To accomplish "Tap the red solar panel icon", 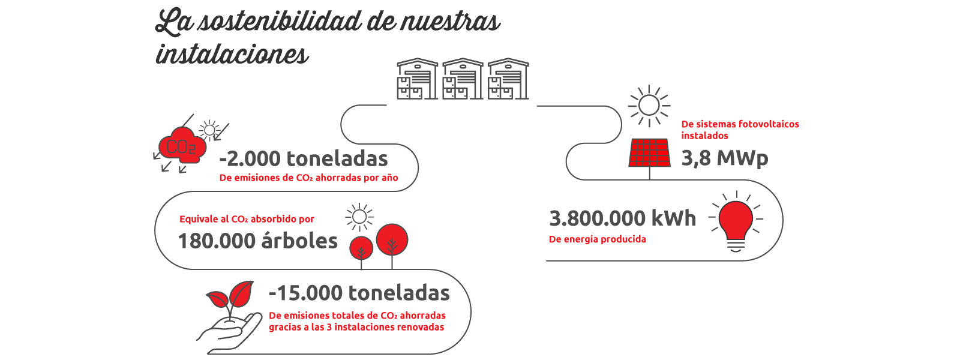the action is (649, 152).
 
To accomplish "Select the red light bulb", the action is (736, 222).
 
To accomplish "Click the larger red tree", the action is (392, 239).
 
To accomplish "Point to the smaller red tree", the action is (361, 248).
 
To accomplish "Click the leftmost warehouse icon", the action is (417, 79).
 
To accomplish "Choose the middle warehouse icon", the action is (463, 79).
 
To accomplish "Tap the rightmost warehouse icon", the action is (508, 79).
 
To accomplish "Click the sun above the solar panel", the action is (649, 106).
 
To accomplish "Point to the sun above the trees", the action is (359, 217).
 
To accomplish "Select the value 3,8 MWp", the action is (725, 158).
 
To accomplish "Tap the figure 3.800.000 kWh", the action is (622, 218).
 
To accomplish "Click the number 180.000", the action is (217, 241).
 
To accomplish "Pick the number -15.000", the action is (305, 293).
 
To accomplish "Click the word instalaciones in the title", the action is (232, 55).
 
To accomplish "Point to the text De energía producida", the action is (598, 239).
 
